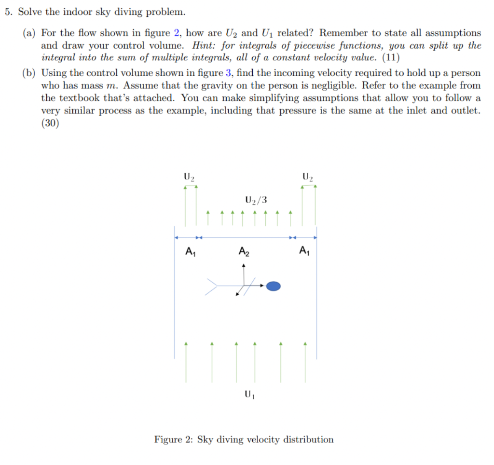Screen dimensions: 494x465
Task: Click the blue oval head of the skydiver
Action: (274, 286)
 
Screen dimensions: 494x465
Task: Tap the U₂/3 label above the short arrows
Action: (256, 199)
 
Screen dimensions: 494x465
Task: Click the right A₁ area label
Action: (303, 250)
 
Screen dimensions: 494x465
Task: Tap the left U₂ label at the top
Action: (189, 177)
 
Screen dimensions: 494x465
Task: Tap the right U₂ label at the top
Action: (307, 177)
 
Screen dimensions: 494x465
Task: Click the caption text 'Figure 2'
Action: (174, 439)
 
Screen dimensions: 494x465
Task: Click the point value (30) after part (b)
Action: (50, 123)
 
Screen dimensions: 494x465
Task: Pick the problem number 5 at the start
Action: (8, 12)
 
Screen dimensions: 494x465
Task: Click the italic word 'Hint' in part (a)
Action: (203, 45)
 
